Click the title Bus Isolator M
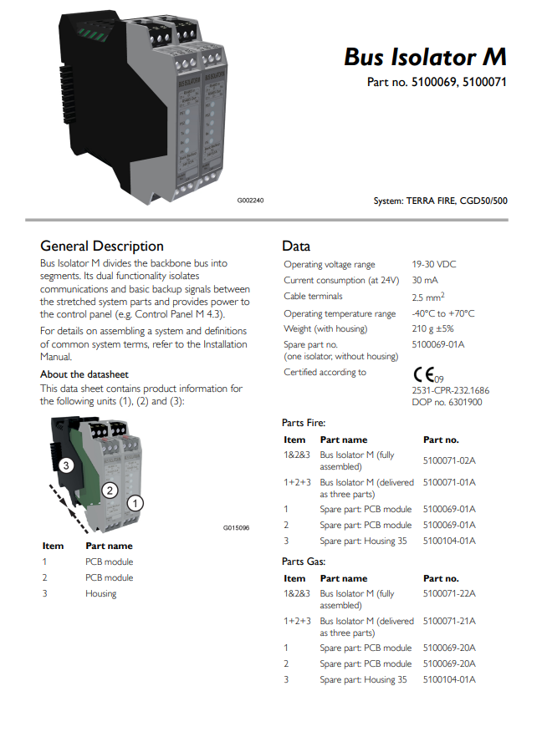[424, 57]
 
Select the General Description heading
[102, 246]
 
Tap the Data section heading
[296, 246]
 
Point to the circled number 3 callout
[67, 465]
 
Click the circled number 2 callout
[108, 490]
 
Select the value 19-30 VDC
[433, 265]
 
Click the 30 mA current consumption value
[424, 280]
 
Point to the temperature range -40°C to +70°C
[442, 313]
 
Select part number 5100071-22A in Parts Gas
[449, 594]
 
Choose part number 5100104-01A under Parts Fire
[449, 541]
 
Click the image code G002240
[250, 201]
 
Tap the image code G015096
[237, 527]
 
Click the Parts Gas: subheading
[303, 562]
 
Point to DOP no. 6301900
[447, 402]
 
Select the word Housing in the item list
[100, 593]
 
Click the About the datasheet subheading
[84, 374]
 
